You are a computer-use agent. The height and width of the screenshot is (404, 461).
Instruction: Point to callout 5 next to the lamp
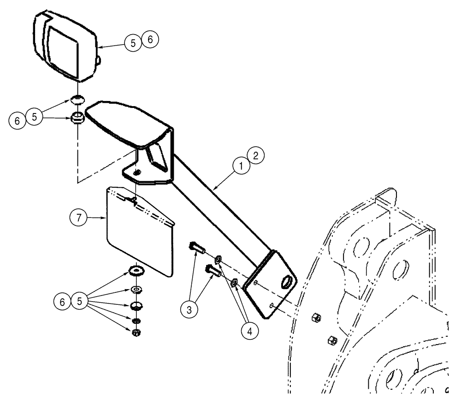coord(133,43)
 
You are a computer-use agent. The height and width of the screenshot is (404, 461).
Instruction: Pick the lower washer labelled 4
coord(235,282)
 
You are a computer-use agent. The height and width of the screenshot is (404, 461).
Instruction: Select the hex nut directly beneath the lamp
coord(77,118)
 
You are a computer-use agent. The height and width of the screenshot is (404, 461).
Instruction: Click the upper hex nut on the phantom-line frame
coord(318,317)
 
